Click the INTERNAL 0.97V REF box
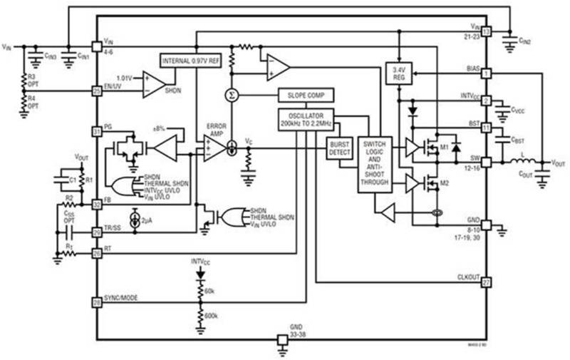click(190, 61)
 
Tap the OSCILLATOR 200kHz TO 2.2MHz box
click(306, 120)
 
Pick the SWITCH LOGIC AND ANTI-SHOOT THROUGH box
click(375, 163)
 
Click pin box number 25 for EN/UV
click(97, 91)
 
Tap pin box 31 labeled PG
click(97, 131)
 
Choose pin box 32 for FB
click(97, 203)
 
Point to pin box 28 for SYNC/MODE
click(97, 303)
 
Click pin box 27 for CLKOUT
click(487, 282)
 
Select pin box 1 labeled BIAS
click(487, 73)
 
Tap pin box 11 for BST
click(487, 128)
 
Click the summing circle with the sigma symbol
click(231, 95)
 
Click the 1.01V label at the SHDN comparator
click(125, 76)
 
